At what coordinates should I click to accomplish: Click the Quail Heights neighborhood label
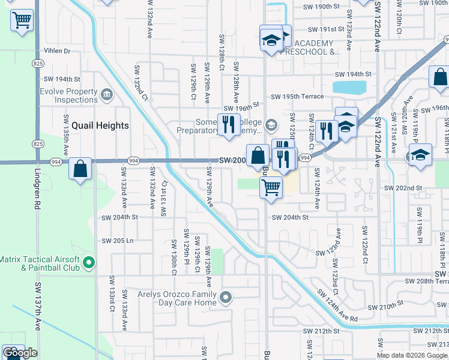[100, 125]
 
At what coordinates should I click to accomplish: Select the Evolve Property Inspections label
[68, 95]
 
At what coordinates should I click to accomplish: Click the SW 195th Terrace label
[297, 97]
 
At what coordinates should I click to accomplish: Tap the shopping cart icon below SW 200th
[271, 187]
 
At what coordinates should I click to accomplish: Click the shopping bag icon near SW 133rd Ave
[80, 169]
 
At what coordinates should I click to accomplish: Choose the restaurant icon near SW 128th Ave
[228, 124]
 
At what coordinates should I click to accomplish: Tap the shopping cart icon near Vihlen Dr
[22, 20]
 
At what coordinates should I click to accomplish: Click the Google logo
[20, 353]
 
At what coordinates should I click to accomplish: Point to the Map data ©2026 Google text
[412, 355]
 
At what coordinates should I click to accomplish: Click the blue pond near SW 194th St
[348, 88]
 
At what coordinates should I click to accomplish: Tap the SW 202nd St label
[404, 188]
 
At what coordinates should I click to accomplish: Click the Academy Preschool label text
[318, 47]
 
